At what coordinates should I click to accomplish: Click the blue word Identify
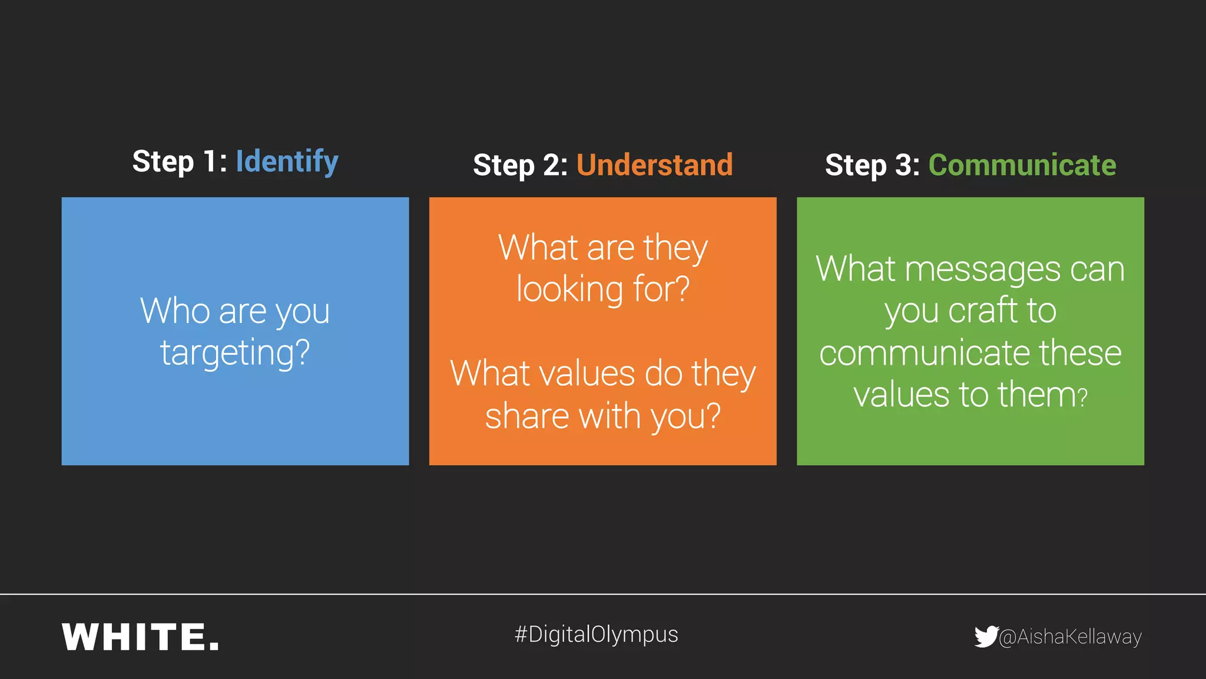287,161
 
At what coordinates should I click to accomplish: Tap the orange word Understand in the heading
654,165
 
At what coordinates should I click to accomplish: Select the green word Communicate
1022,165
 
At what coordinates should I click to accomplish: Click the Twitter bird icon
985,637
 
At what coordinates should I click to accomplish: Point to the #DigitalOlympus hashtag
596,635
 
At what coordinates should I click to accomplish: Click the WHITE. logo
140,637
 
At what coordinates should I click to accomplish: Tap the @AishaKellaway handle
1070,637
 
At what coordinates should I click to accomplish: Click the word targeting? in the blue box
235,352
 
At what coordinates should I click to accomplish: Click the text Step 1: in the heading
179,161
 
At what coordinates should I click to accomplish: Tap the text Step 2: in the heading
520,165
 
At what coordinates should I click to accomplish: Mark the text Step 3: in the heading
872,165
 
